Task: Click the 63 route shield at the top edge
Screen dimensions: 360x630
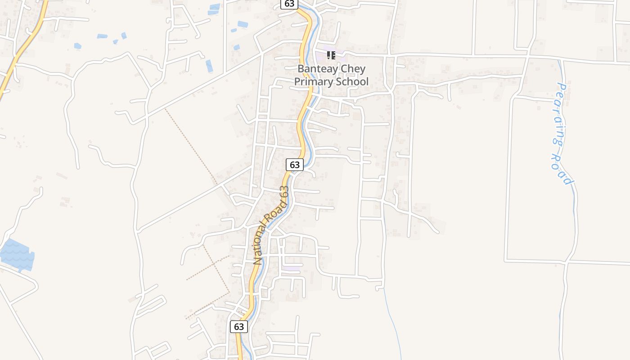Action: click(289, 4)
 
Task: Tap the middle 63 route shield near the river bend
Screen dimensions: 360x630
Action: click(295, 165)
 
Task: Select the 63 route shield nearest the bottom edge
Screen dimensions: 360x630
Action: click(239, 326)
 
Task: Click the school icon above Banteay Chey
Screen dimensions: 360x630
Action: click(331, 55)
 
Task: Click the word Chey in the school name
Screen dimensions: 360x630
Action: click(353, 69)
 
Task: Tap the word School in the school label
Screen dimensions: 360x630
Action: click(351, 81)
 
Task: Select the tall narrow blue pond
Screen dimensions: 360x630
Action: click(209, 66)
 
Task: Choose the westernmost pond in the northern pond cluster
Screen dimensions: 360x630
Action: click(78, 46)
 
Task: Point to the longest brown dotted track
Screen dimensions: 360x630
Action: click(191, 146)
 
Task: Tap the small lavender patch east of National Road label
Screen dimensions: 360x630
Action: click(292, 268)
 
